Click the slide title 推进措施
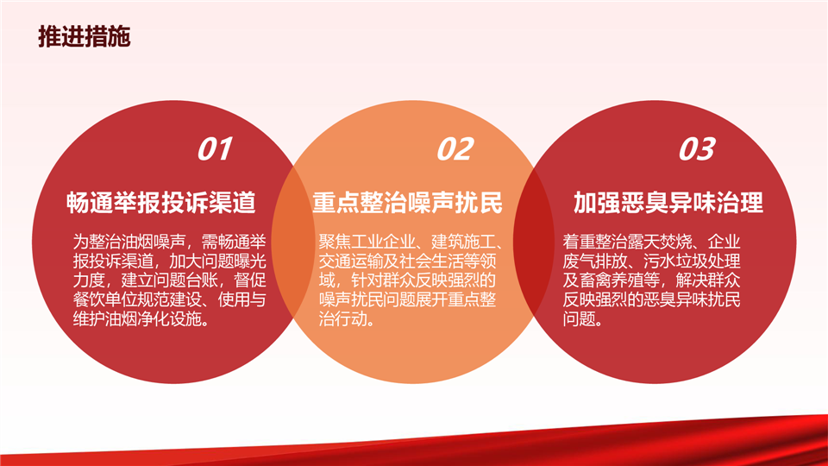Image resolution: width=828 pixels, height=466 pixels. [84, 37]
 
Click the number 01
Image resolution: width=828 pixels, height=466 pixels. [215, 149]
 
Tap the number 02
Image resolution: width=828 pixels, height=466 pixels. [455, 149]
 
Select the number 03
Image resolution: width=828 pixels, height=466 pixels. [697, 149]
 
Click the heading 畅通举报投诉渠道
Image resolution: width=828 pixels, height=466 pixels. [161, 203]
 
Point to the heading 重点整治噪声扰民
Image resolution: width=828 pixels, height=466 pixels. [407, 203]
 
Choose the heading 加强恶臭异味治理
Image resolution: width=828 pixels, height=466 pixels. [668, 203]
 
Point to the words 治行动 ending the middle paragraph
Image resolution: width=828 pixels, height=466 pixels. [342, 318]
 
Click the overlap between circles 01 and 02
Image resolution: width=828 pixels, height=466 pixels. [293, 242]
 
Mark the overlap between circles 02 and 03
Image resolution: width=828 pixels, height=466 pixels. [534, 242]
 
